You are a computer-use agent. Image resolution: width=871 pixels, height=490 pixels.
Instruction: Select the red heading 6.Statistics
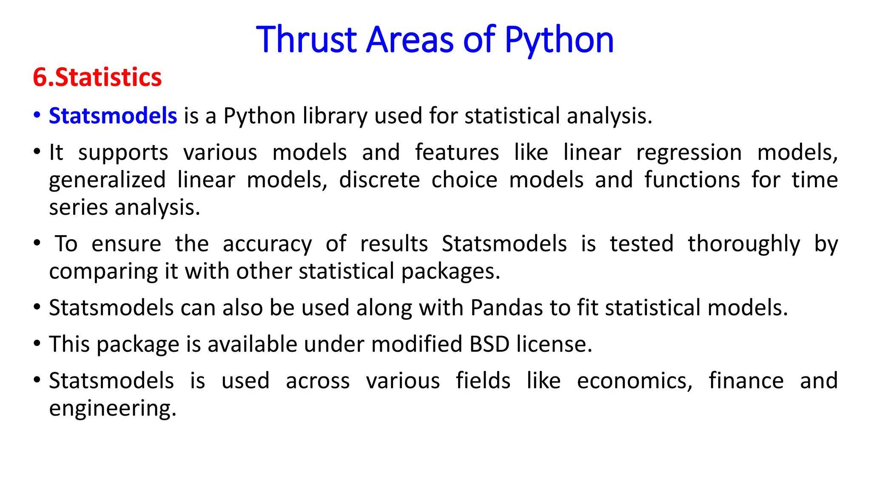click(x=97, y=77)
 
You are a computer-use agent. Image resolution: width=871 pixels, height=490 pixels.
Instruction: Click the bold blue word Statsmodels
click(x=113, y=116)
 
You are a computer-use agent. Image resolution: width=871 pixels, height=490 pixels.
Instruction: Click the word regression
click(x=689, y=153)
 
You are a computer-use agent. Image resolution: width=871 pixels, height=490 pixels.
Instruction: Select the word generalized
click(x=107, y=180)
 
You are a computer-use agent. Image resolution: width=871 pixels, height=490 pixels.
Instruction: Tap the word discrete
click(x=379, y=180)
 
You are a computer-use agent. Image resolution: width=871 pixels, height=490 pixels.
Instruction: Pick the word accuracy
click(x=267, y=244)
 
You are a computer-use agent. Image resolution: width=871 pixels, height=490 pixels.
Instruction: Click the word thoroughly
click(x=744, y=244)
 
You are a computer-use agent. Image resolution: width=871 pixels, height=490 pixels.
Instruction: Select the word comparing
click(x=103, y=272)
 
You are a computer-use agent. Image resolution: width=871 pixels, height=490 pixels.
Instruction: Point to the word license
click(x=554, y=344)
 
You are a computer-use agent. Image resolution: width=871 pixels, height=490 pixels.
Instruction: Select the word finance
click(x=746, y=381)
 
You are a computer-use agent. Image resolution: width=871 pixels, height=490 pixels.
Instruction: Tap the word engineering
click(x=112, y=408)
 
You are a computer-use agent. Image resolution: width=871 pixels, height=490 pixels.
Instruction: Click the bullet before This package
click(x=37, y=343)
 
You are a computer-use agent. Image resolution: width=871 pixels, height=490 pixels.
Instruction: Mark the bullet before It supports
click(x=37, y=151)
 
